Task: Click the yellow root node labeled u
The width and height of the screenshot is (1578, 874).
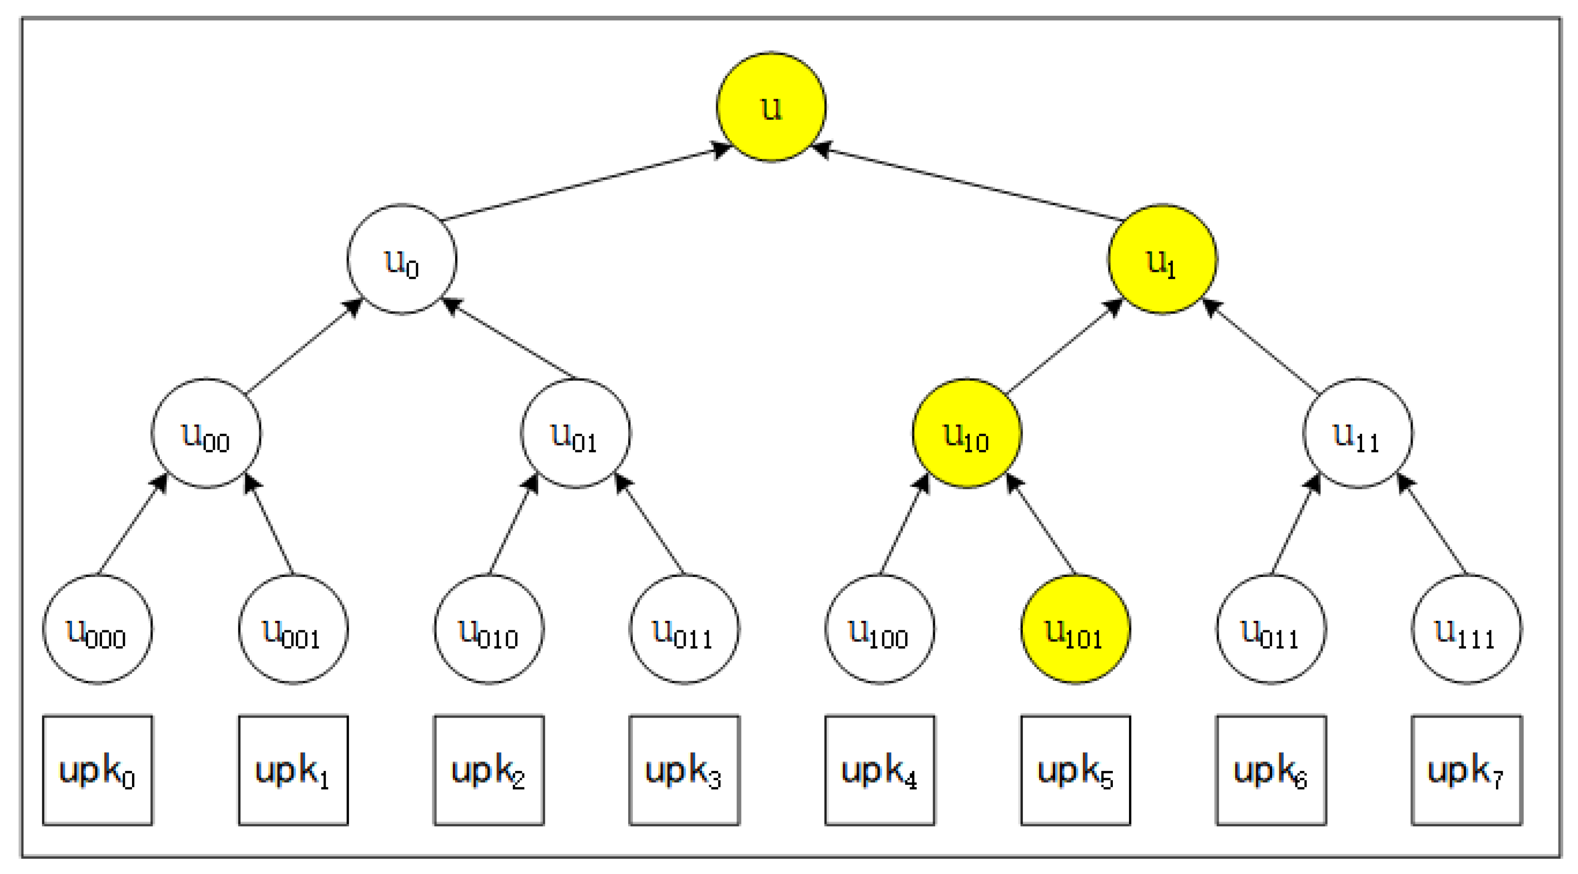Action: (771, 107)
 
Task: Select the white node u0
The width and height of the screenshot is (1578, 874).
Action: (401, 259)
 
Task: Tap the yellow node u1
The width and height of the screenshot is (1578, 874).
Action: (1162, 259)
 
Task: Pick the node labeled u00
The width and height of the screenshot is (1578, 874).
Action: (206, 433)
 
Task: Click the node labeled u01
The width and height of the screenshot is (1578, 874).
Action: (575, 433)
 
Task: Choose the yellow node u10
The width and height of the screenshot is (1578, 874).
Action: (967, 433)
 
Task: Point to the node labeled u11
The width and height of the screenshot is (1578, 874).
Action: (1357, 433)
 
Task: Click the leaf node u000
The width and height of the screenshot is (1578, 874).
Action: (97, 629)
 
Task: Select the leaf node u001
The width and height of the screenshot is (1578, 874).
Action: (293, 629)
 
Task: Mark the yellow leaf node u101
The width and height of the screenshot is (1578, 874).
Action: (1075, 629)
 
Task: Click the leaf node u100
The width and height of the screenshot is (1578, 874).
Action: (880, 629)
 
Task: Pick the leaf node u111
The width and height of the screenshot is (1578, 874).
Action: (1466, 629)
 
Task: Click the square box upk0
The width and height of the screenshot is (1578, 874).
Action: (97, 771)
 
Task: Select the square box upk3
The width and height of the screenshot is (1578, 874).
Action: (684, 771)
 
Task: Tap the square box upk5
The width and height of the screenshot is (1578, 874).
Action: (1075, 771)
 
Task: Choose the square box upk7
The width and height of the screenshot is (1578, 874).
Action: (1466, 771)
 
